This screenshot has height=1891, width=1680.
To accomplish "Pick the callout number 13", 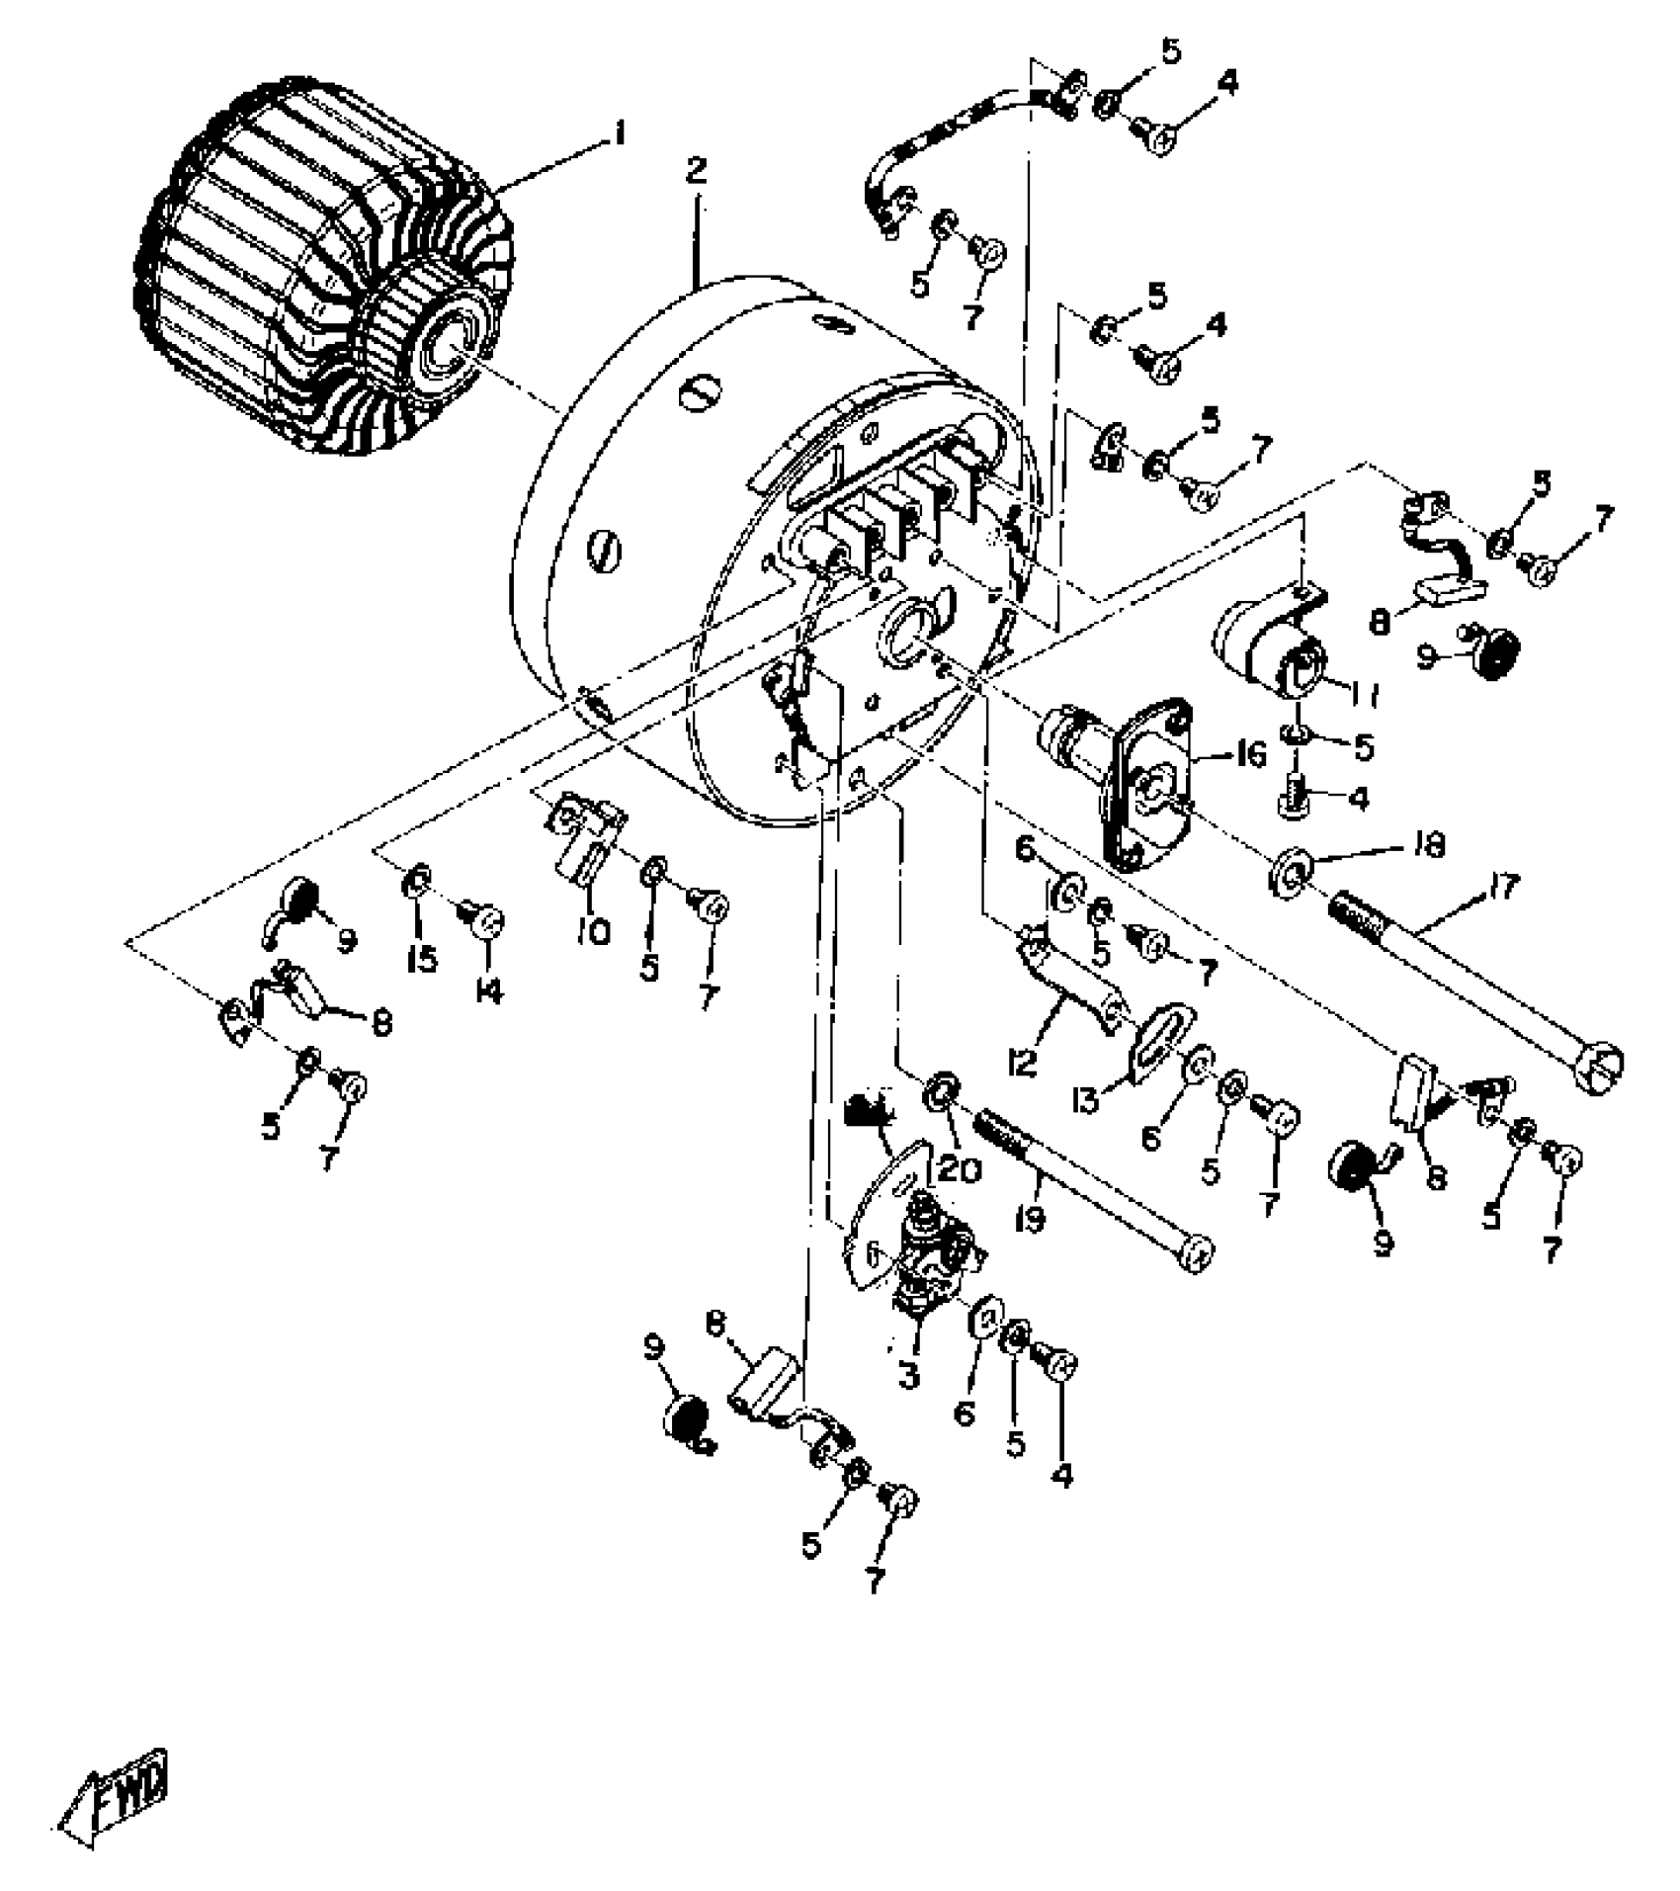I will click(1087, 1099).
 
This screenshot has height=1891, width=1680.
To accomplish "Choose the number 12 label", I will click(1022, 1062).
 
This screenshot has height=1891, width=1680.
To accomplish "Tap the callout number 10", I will click(594, 930).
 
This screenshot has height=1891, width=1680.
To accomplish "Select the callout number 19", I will click(1030, 1220).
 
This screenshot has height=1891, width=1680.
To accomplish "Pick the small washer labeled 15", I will click(416, 879).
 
